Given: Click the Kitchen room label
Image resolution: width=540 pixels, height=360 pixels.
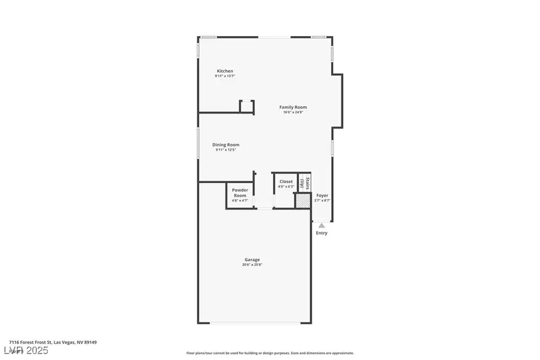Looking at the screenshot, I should tap(225, 71).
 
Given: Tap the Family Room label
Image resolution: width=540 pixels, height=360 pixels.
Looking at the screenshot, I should tap(293, 107).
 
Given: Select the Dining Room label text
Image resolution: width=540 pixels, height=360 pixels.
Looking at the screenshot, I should tap(226, 145).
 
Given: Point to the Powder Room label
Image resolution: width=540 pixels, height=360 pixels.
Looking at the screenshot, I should tap(240, 193).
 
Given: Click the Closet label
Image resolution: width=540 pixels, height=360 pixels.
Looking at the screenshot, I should tap(286, 181).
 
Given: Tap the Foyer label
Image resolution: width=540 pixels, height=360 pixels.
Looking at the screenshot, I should tap(322, 196).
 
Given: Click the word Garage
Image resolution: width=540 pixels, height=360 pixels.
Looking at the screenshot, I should tap(252, 259).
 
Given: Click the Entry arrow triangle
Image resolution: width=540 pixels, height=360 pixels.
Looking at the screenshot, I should tap(322, 225).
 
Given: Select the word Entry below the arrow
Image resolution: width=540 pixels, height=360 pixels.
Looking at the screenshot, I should tap(322, 233).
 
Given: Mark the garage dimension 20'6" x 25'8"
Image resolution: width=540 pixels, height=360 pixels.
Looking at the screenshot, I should tap(252, 265).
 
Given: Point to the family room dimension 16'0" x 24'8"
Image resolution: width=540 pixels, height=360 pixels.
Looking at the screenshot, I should tap(293, 112).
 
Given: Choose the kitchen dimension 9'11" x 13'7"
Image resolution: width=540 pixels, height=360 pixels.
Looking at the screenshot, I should tap(225, 76).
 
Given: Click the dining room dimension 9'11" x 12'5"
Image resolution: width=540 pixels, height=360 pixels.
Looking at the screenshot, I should tap(226, 150).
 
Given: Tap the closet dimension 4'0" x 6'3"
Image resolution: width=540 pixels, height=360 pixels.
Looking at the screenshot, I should tap(286, 187).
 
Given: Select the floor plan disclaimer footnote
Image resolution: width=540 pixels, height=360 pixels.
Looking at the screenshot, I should tap(270, 353).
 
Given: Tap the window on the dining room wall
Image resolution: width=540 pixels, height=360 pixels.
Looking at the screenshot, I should tap(199, 144).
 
